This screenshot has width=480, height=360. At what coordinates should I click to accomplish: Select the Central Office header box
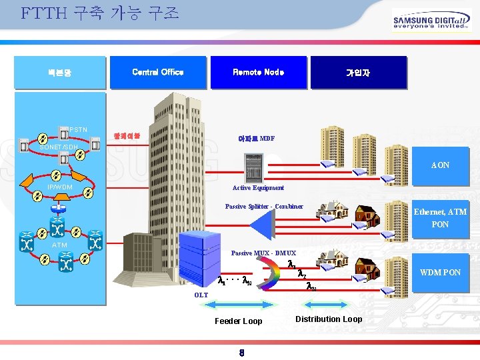(x=158, y=72)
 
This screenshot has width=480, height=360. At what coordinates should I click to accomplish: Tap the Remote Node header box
(x=258, y=72)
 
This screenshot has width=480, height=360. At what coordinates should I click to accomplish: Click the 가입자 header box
(x=357, y=73)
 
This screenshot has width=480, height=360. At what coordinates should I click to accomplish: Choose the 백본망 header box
(x=59, y=73)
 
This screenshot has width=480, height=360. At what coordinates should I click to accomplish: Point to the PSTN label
(x=78, y=129)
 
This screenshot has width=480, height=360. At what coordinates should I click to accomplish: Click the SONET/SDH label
(x=59, y=147)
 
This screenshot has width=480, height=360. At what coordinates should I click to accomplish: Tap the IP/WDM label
(x=59, y=187)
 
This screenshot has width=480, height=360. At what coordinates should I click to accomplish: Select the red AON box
(x=440, y=165)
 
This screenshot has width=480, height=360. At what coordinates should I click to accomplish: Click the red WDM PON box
(x=440, y=272)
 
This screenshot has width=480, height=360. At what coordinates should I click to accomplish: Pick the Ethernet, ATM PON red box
(x=440, y=218)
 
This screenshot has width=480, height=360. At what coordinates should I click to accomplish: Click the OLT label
(x=201, y=295)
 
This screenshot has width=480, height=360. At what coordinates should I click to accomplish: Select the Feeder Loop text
(x=238, y=321)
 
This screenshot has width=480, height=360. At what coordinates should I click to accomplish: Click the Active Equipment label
(x=258, y=188)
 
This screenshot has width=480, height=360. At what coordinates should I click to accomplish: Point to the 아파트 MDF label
(x=255, y=139)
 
